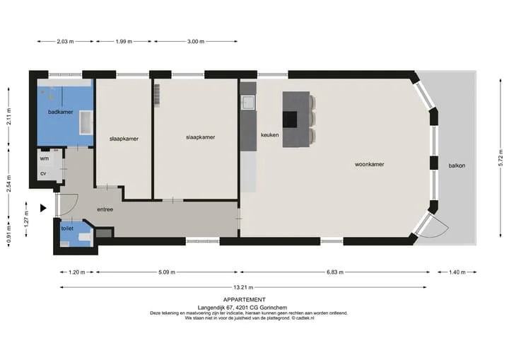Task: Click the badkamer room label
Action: (x=60, y=112)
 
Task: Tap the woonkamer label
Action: (x=370, y=164)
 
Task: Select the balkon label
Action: (x=457, y=166)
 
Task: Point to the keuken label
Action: (x=270, y=135)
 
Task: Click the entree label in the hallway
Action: (x=105, y=209)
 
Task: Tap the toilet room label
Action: (x=67, y=228)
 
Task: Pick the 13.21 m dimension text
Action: (x=243, y=287)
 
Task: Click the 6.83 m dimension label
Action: (x=335, y=272)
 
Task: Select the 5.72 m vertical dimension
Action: (x=501, y=158)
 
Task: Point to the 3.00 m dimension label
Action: (x=196, y=42)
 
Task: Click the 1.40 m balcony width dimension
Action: (x=457, y=272)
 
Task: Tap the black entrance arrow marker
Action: (x=43, y=208)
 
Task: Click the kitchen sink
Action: (x=248, y=103)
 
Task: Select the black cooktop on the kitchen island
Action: (x=290, y=120)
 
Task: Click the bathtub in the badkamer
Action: (x=86, y=122)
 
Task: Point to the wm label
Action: (x=44, y=158)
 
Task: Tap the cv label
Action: (x=43, y=173)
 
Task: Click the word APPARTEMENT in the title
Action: (x=244, y=300)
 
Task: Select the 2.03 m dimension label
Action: (x=65, y=42)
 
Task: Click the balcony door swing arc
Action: (x=443, y=228)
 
